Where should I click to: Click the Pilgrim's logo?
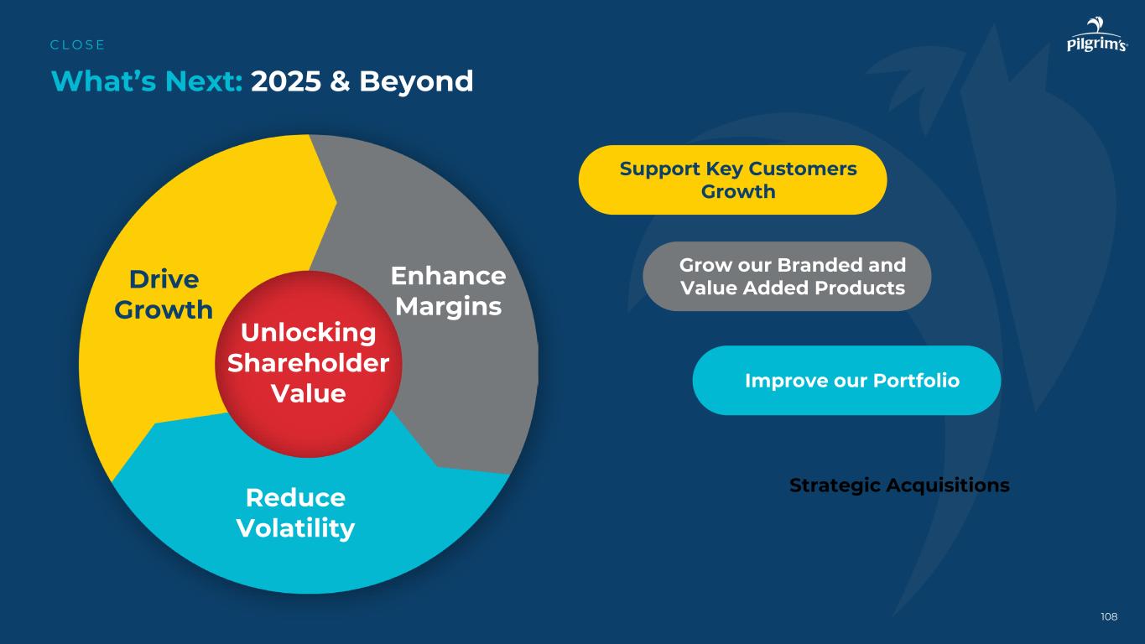coord(1096,37)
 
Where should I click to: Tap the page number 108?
coord(1109,617)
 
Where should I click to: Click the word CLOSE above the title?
coord(78,45)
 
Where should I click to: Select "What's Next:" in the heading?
coord(147,81)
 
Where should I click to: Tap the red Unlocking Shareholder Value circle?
coord(308,363)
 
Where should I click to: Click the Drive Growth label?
coord(164,294)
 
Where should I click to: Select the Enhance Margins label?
coord(449,291)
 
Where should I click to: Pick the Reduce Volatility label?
coord(295,513)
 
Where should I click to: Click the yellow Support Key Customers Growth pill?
coord(732,179)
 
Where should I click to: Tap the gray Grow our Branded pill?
coord(787,276)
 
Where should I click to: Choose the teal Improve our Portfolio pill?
coord(846,380)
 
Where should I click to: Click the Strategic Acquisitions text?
coord(899,486)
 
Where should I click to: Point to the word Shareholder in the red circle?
coord(308,363)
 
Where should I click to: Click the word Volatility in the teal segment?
coord(295,529)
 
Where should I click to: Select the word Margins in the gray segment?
coord(449,307)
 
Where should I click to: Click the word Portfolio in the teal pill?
coord(917,381)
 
